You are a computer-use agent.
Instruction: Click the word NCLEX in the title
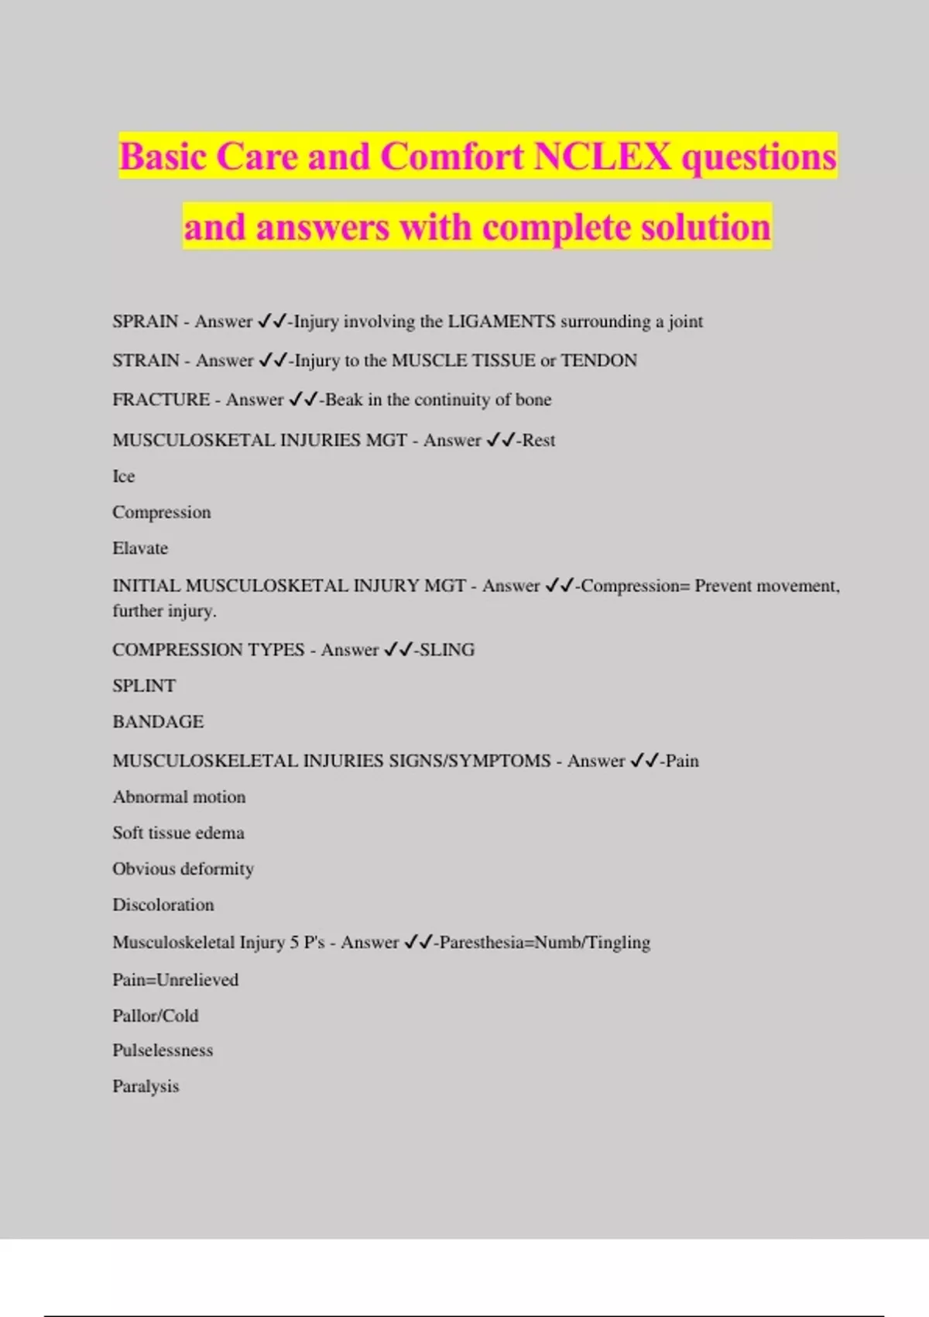pyautogui.click(x=602, y=156)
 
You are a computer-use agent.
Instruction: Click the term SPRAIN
pyautogui.click(x=146, y=322)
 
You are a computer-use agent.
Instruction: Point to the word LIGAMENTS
pyautogui.click(x=502, y=322)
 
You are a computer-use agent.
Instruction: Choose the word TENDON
pyautogui.click(x=598, y=360)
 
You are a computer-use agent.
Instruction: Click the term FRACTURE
pyautogui.click(x=161, y=400)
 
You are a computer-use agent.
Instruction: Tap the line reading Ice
pyautogui.click(x=124, y=476)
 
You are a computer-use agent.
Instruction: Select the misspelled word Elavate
pyautogui.click(x=140, y=548)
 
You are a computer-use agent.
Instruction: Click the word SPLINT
pyautogui.click(x=144, y=686)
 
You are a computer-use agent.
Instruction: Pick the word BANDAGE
pyautogui.click(x=158, y=722)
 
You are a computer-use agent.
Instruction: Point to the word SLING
pyautogui.click(x=447, y=650)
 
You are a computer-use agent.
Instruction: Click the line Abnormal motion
pyautogui.click(x=179, y=797)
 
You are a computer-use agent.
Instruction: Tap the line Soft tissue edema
pyautogui.click(x=178, y=833)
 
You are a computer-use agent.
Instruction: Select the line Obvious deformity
pyautogui.click(x=183, y=869)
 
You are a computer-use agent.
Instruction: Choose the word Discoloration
pyautogui.click(x=163, y=905)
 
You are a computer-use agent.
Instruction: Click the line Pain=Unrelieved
pyautogui.click(x=176, y=980)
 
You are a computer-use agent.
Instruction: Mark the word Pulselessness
pyautogui.click(x=163, y=1051)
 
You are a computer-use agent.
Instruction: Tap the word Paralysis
pyautogui.click(x=146, y=1087)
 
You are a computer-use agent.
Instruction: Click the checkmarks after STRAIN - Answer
pyautogui.click(x=273, y=360)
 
